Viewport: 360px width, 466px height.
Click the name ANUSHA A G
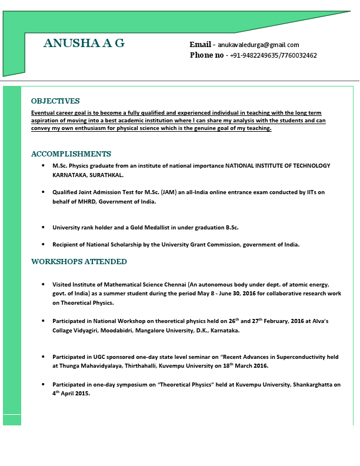pos(84,43)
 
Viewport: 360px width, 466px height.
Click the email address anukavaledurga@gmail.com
pos(259,45)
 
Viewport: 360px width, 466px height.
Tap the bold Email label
pos(200,45)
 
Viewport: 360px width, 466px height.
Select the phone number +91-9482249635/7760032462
pos(274,55)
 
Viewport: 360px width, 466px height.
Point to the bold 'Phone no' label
pos(206,55)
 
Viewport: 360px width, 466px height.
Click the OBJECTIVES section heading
pos(55,101)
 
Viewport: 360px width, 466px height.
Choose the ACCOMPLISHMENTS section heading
pos(71,154)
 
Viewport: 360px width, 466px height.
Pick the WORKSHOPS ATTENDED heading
pos(79,262)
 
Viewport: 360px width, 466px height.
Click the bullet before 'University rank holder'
pos(44,227)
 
